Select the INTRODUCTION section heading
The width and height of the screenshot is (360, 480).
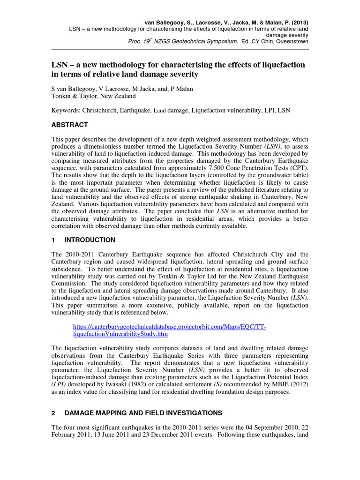coord(90,240)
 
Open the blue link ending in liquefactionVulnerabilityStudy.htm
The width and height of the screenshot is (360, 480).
coord(120,335)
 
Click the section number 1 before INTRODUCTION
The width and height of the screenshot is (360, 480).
coord(53,240)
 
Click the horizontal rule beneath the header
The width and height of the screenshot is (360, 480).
coord(180,49)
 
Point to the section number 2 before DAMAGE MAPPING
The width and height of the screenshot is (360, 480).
coord(53,413)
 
